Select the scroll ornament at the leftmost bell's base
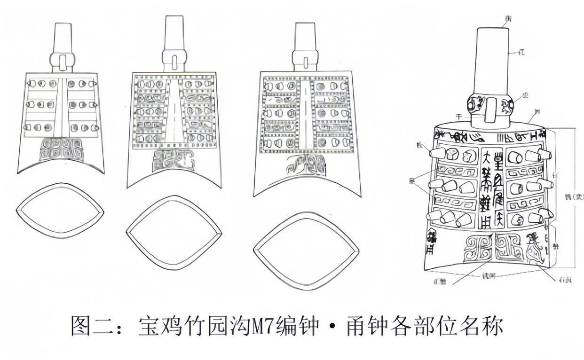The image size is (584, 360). tap(60, 149)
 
